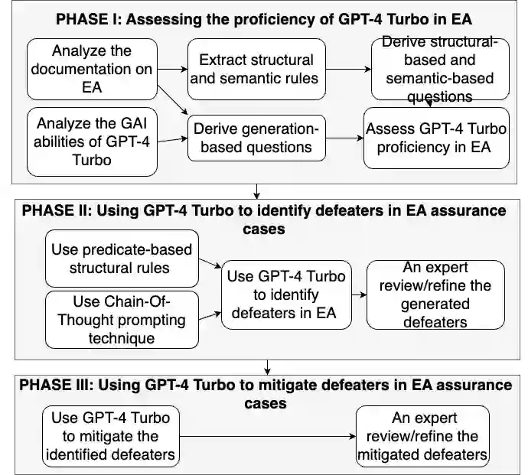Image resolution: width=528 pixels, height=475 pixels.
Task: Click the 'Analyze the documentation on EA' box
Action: click(x=91, y=69)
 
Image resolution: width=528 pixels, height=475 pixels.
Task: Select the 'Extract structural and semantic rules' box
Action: click(x=256, y=69)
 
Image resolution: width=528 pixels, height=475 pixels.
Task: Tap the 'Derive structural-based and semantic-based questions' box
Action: click(x=439, y=69)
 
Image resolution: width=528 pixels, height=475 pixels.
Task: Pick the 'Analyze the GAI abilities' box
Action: click(x=91, y=142)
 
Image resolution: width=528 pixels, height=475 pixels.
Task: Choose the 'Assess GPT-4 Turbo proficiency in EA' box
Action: click(x=436, y=138)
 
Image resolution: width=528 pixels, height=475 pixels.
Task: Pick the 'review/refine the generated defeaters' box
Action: click(x=435, y=294)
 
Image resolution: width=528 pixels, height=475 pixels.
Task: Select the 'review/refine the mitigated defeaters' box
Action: click(x=422, y=436)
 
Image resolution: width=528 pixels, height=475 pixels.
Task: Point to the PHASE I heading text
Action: click(x=264, y=19)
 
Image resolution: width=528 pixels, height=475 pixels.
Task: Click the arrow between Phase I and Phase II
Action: click(x=257, y=190)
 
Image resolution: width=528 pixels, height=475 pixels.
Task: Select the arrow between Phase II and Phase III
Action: click(x=267, y=366)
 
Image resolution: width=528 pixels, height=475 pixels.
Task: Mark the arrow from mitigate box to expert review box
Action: click(x=269, y=436)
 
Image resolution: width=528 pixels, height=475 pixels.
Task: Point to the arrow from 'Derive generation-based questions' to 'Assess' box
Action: click(x=344, y=138)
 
